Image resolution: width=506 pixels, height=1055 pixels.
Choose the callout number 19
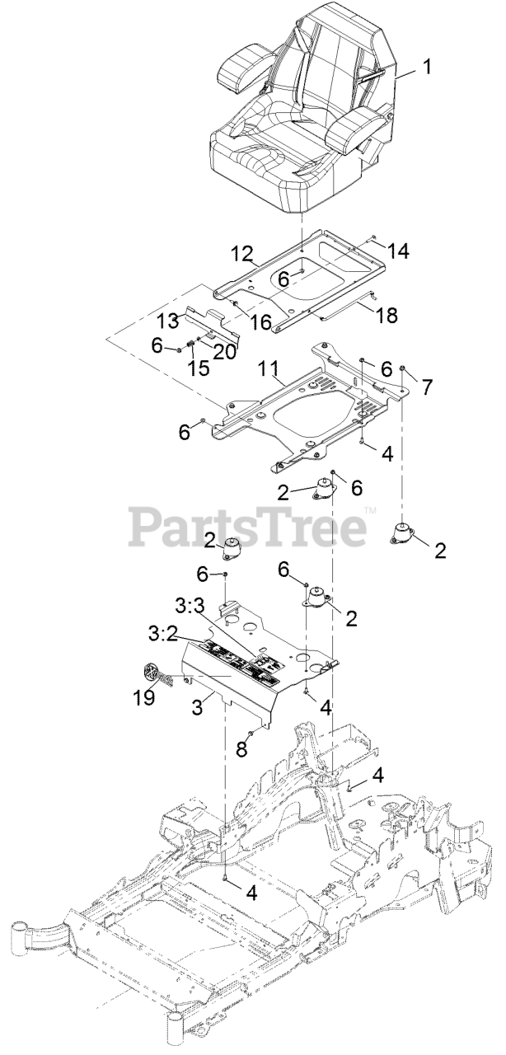144,697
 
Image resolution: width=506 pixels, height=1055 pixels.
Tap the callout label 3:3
190,606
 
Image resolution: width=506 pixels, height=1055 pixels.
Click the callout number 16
261,321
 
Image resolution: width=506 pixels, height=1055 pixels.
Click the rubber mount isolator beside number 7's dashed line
405,534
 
